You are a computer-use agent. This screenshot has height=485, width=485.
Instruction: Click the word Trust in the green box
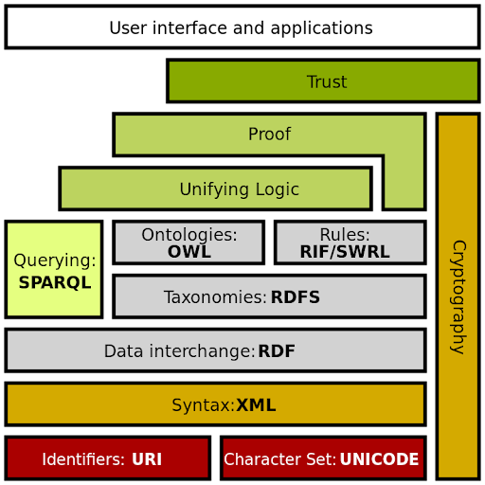click(x=327, y=82)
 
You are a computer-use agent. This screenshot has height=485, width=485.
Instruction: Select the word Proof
click(x=269, y=135)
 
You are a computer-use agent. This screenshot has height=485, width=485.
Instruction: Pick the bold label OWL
click(x=189, y=252)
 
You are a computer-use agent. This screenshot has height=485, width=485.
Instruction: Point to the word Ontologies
click(x=189, y=235)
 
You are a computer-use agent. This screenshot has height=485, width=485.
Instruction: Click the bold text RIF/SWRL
click(x=344, y=252)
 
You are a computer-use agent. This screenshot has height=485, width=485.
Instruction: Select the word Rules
click(x=344, y=235)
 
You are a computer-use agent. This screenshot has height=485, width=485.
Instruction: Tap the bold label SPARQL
click(x=55, y=282)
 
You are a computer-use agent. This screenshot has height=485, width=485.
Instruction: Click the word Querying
click(x=54, y=260)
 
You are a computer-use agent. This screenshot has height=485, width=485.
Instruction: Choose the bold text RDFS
click(x=295, y=297)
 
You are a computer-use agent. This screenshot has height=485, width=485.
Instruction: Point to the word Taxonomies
click(x=215, y=297)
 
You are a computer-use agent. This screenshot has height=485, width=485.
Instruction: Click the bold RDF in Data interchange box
click(x=277, y=351)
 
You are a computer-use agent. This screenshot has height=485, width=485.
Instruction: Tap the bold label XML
click(x=256, y=405)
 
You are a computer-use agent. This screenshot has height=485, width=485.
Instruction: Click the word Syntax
click(x=202, y=405)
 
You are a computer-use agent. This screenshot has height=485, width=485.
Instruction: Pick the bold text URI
click(x=147, y=459)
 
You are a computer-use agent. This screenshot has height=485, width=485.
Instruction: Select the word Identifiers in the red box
click(x=82, y=459)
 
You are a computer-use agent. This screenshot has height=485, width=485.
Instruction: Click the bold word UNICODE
click(x=379, y=459)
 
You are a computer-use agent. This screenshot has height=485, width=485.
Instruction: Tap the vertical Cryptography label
click(x=458, y=296)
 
